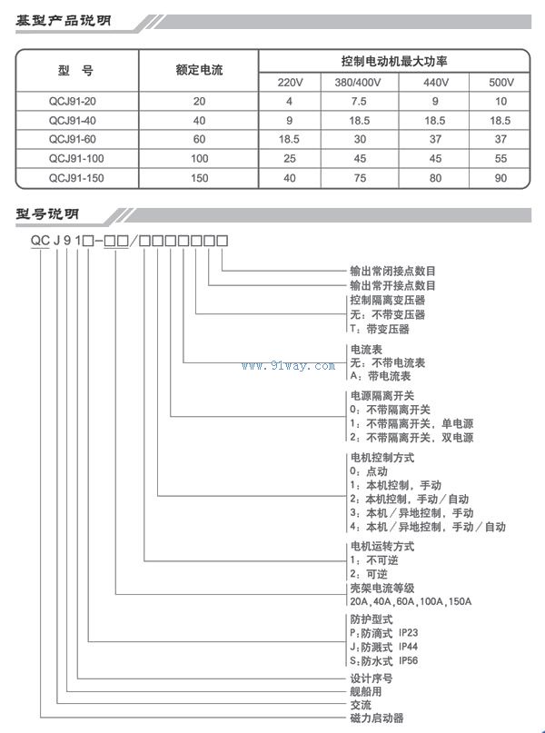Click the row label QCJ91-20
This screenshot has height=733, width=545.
76,102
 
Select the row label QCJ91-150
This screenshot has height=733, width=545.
76,178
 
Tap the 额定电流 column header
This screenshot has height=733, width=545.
199,71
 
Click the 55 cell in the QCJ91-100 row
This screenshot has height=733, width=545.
501,159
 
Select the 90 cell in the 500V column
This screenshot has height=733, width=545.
501,178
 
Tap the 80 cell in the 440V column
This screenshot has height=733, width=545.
435,178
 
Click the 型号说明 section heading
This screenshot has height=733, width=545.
47,215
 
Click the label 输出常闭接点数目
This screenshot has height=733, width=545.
393,271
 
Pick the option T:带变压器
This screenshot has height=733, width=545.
380,329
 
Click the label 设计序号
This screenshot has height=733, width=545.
372,678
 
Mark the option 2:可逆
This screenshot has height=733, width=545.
369,574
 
